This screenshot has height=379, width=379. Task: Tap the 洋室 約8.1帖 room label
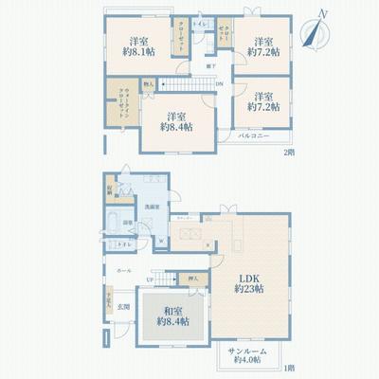tap(137, 47)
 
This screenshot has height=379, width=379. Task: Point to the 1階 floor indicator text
tap(288, 368)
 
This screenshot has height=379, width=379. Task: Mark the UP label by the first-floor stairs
tap(150, 280)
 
